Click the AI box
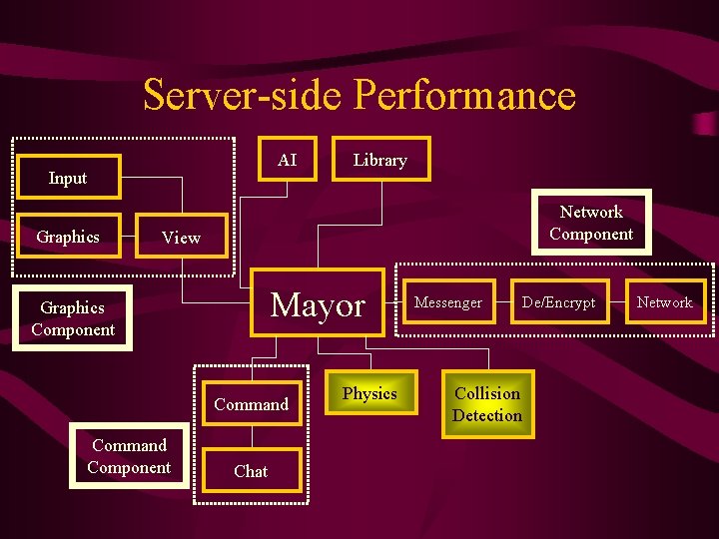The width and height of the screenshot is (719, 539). [287, 160]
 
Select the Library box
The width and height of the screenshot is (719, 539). [380, 160]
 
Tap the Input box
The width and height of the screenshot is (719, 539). [68, 178]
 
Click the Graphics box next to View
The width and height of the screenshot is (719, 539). [68, 237]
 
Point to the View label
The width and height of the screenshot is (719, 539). [181, 238]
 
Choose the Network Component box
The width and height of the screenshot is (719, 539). [591, 223]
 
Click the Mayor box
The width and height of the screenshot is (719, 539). [318, 305]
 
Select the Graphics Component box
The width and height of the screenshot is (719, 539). [73, 318]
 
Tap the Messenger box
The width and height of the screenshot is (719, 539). [448, 302]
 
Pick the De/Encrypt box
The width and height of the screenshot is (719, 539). [558, 302]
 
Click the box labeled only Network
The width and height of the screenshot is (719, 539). [664, 302]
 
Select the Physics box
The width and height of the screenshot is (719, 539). [369, 393]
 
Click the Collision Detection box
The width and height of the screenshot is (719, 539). [487, 404]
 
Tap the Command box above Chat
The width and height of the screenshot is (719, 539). [251, 404]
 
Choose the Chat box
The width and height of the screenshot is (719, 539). [251, 471]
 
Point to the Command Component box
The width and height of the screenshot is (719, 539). [129, 456]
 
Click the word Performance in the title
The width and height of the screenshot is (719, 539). [464, 96]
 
